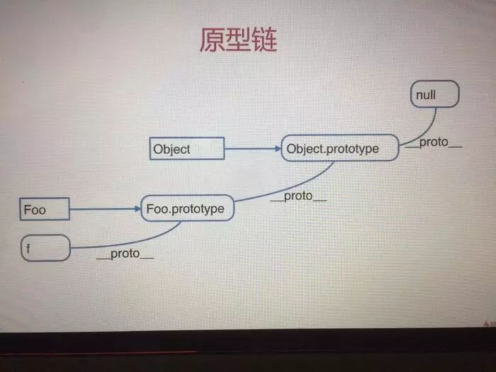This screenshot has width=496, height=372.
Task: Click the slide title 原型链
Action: pos(237,40)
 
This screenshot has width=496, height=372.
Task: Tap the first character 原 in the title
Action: pos(212,40)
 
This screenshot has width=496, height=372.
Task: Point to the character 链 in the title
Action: pos(264,40)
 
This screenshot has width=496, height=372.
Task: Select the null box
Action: pos(434,94)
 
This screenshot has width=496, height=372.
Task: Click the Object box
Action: pos(188,149)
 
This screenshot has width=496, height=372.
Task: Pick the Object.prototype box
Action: pos(339,148)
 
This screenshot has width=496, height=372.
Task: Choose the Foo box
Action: pos(45,209)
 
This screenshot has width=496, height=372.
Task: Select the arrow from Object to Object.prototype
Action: pos(252,149)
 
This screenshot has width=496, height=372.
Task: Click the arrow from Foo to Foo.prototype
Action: pos(104,209)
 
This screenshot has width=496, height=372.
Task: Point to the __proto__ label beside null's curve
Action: pos(433,142)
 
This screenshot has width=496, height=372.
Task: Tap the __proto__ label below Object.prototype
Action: pos(298,196)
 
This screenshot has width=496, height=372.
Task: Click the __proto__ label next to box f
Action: pos(125,254)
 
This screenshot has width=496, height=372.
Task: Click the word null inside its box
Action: pos(427,94)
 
